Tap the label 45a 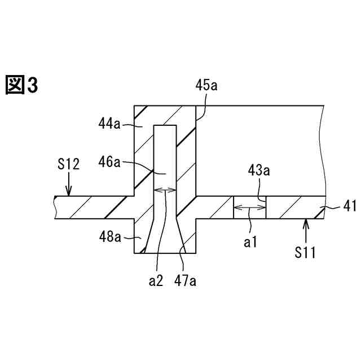coord(206,86)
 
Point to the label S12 coord(68,164)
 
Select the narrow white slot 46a coord(165,155)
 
